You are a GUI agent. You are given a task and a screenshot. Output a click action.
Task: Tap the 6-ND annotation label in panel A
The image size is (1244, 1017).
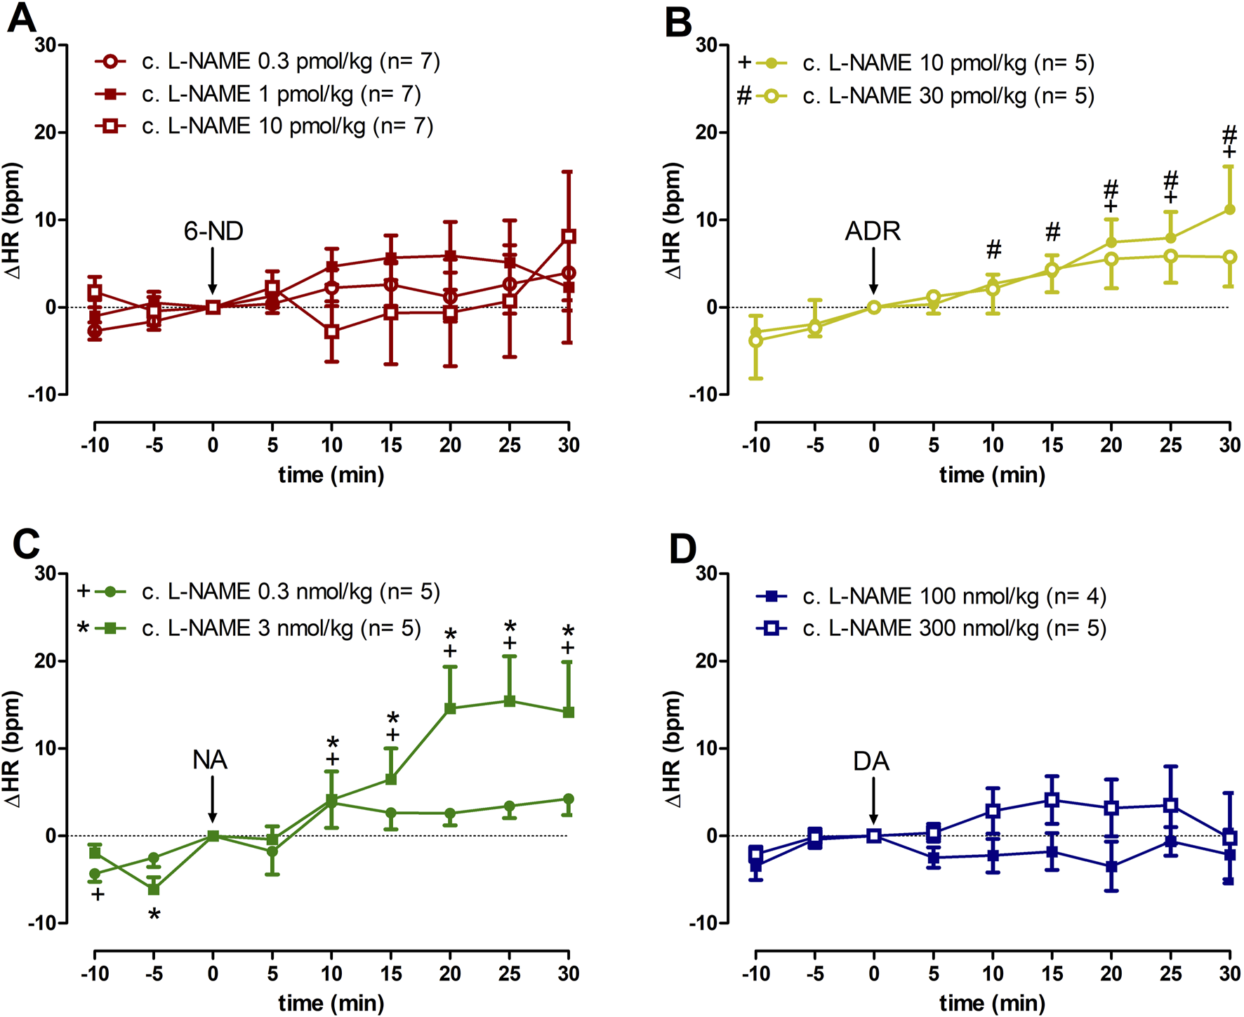[213, 231]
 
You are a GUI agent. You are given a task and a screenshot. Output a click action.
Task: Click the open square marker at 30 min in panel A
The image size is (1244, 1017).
[569, 237]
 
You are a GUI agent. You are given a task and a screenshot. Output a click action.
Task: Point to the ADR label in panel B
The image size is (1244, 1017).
[873, 231]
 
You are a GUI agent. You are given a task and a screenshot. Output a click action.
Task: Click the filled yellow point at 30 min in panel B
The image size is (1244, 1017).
[1229, 209]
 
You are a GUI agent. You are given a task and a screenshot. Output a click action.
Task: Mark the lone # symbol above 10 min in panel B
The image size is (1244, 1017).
[993, 248]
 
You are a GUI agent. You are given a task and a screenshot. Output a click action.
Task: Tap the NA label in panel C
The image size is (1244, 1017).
[210, 759]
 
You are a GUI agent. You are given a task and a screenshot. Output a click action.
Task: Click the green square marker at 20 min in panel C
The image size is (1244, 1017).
[450, 709]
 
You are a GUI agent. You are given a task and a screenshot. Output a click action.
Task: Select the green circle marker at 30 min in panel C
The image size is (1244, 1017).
[569, 799]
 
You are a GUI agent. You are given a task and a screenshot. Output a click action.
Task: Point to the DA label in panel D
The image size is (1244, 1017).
[871, 761]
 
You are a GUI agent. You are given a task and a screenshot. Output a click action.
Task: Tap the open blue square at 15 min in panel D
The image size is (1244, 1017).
[1052, 800]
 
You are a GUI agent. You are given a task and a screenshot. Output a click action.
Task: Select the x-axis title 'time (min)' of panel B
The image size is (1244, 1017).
[992, 475]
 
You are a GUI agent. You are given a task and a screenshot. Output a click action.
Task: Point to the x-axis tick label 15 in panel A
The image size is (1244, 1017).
[391, 445]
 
